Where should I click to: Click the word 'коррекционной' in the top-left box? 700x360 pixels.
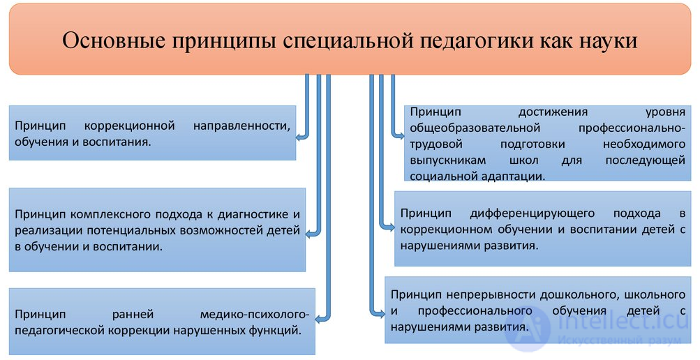130,126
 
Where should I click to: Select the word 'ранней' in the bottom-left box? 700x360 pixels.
133,315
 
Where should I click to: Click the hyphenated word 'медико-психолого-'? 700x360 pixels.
255,315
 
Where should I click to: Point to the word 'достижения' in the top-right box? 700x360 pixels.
553,112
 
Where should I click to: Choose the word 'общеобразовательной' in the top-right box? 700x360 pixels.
475,128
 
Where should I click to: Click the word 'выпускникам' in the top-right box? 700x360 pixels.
448,160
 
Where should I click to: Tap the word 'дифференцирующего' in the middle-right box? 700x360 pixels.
532,213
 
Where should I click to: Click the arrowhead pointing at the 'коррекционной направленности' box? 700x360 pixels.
300,137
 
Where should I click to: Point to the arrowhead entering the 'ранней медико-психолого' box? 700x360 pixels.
319,319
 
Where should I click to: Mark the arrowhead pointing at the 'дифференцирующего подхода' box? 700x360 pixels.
391,227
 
